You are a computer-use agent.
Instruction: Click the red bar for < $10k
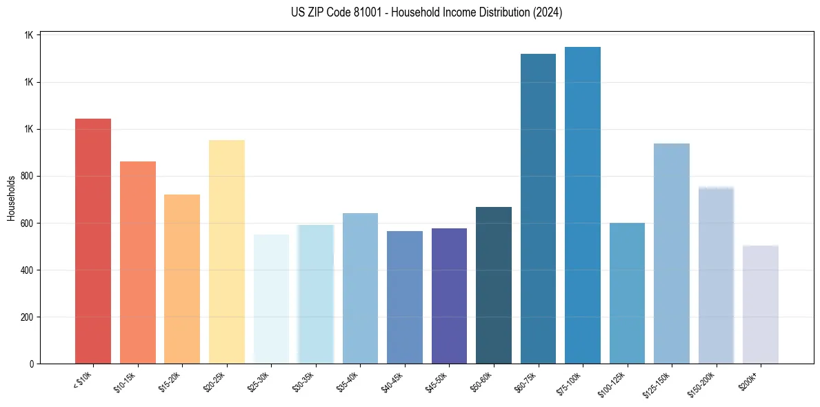pyautogui.click(x=93, y=241)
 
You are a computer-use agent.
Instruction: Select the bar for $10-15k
pyautogui.click(x=137, y=262)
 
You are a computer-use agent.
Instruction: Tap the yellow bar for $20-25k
pyautogui.click(x=227, y=252)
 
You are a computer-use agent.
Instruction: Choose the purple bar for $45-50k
pyautogui.click(x=449, y=296)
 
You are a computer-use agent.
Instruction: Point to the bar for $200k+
pyautogui.click(x=761, y=304)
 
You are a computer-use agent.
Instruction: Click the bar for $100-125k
pyautogui.click(x=627, y=293)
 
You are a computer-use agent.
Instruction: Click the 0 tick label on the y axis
pyautogui.click(x=32, y=364)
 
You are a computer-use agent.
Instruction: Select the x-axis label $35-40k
pyautogui.click(x=350, y=382)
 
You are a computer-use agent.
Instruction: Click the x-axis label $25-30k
pyautogui.click(x=261, y=382)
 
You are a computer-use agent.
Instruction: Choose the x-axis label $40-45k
pyautogui.click(x=395, y=382)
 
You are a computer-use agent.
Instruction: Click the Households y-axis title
pyautogui.click(x=11, y=198)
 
